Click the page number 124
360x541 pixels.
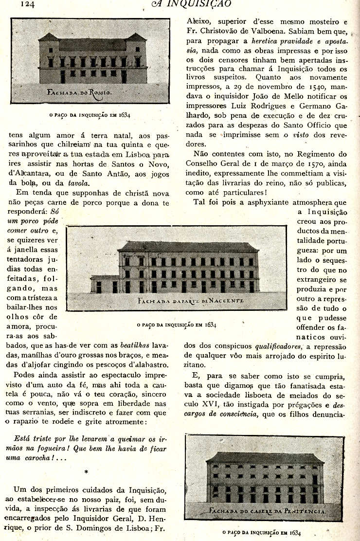tap(27, 4)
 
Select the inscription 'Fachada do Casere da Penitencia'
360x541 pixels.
tap(267, 511)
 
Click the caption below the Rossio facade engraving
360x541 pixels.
tap(90, 115)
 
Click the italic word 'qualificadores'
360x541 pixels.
tap(278, 347)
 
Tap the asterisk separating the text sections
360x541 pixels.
tap(87, 472)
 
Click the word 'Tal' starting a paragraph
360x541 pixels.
tap(200, 201)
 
